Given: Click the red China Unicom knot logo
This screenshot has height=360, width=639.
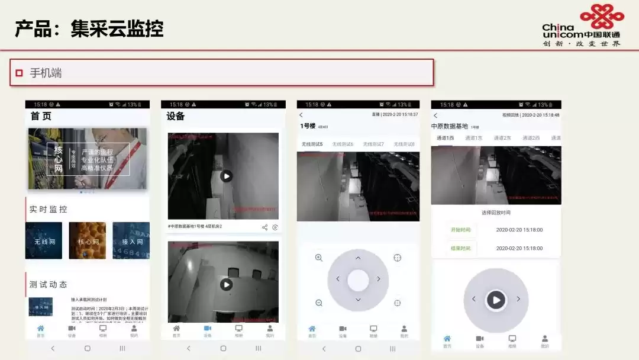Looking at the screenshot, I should [x=601, y=16].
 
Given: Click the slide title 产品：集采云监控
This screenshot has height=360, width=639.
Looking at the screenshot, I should [x=89, y=28].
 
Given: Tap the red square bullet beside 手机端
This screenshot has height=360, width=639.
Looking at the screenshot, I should [x=20, y=73].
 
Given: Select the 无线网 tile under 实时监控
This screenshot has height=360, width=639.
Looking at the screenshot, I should [x=44, y=240].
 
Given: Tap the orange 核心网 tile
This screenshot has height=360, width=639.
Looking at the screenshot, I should [x=88, y=240].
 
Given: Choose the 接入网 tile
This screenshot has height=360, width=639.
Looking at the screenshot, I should [x=131, y=240].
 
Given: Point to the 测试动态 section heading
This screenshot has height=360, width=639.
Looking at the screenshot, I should [x=49, y=284].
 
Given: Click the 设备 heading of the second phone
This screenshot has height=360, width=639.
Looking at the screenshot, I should [x=176, y=117].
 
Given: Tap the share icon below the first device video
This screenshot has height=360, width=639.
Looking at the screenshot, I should [x=264, y=227].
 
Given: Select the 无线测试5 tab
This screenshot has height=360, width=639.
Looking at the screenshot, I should [x=312, y=144].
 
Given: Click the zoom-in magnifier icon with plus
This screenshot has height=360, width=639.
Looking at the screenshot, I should [x=319, y=258].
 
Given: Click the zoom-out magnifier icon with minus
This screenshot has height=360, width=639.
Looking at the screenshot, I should [x=319, y=303].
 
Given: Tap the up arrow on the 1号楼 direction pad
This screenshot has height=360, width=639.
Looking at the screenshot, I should [x=358, y=258].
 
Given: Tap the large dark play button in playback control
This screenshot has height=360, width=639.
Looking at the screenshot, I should [x=496, y=300].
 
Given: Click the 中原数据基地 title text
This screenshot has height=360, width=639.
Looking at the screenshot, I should [x=450, y=126].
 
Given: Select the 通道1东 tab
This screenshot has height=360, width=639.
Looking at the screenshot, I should [x=473, y=138].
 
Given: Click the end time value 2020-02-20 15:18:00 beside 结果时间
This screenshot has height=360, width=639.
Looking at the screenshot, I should [x=519, y=249].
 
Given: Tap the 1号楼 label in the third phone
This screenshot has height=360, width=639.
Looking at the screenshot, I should [x=308, y=126].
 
